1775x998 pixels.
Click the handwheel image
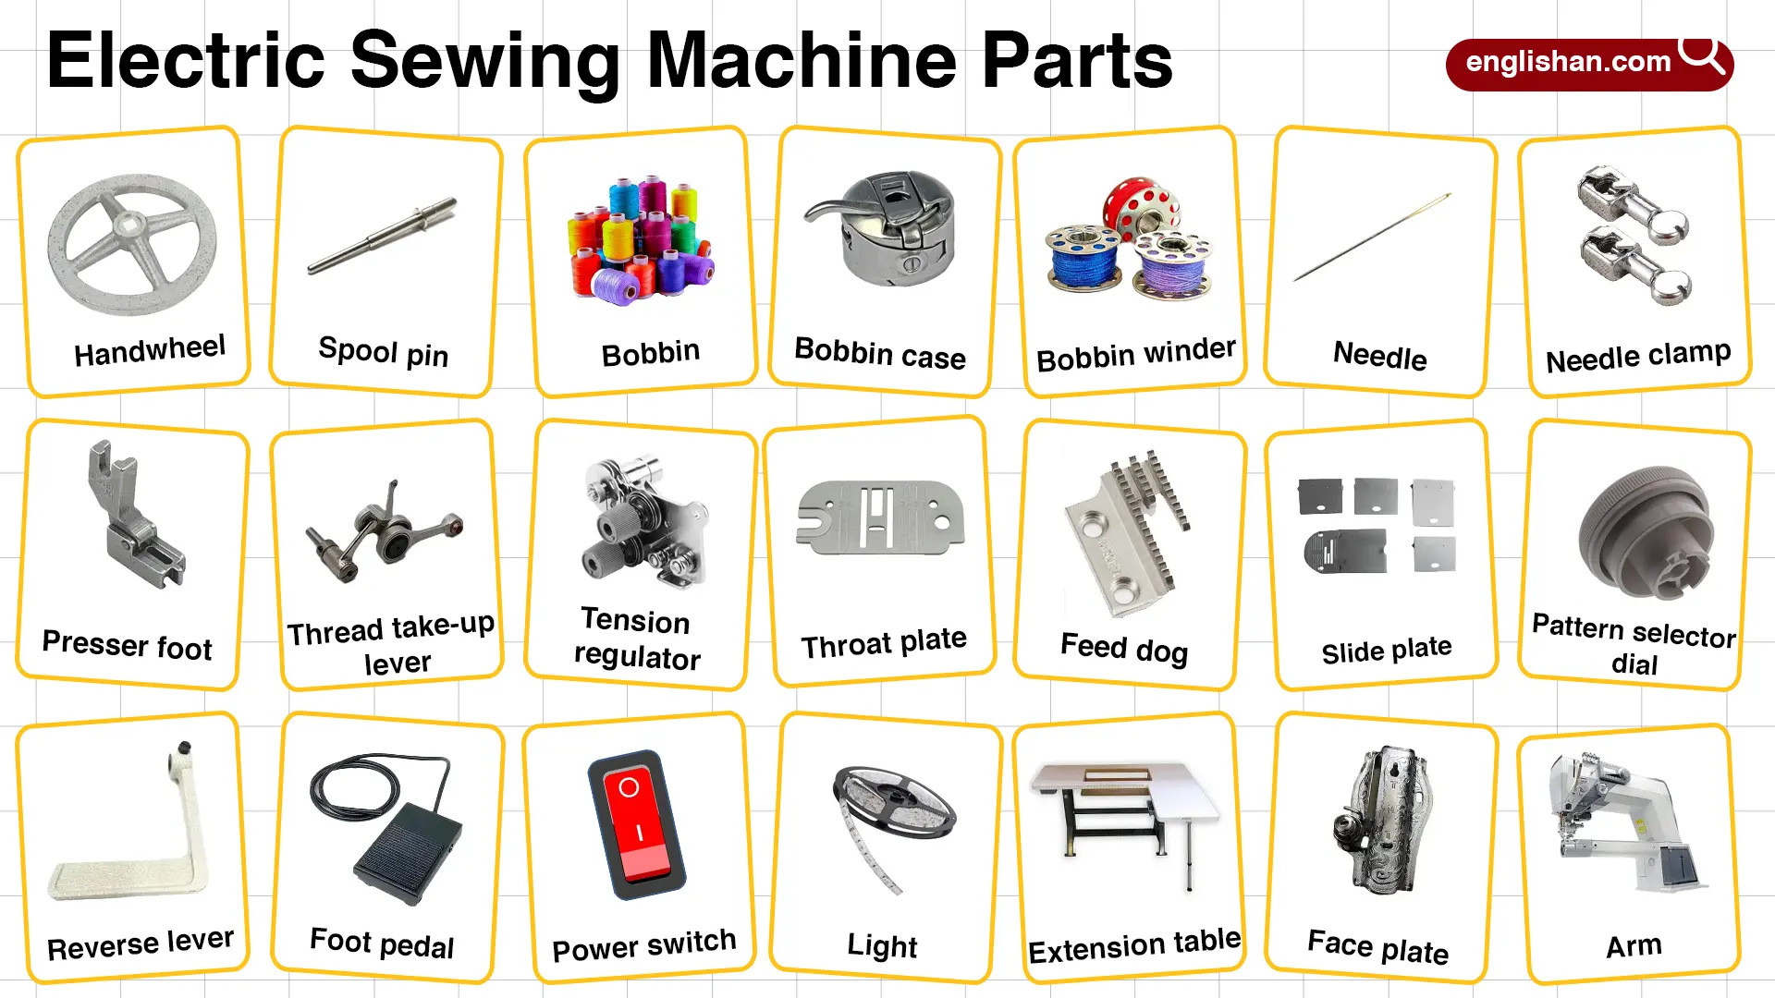point(132,244)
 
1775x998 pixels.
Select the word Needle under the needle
point(1379,356)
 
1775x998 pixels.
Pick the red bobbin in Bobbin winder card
point(1142,205)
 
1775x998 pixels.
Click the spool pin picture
point(383,236)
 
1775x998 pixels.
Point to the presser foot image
point(134,517)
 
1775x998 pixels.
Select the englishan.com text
point(1568,63)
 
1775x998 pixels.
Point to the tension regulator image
point(644,522)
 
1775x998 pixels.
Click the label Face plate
point(1377,946)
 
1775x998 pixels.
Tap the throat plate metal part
point(880,517)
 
